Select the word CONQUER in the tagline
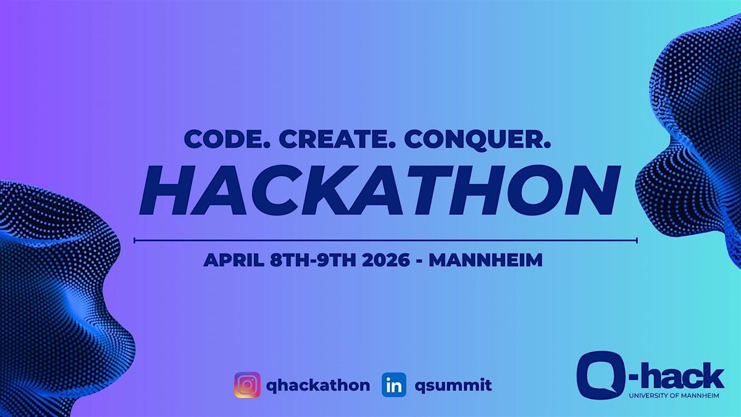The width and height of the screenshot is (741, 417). pos(477,140)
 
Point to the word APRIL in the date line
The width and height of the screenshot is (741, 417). pos(233,260)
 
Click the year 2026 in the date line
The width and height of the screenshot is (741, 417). pos(386,260)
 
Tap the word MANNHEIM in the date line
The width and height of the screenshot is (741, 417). pos(485,260)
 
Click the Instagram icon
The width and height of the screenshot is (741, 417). pos(247,385)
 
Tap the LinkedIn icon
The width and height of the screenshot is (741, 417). pos(394,385)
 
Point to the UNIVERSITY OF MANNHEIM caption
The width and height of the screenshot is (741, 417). pos(674,396)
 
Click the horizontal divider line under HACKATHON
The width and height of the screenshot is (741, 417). pos(386,240)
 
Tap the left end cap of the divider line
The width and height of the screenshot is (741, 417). pos(135,240)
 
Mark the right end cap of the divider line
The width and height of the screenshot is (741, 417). pos(637,240)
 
